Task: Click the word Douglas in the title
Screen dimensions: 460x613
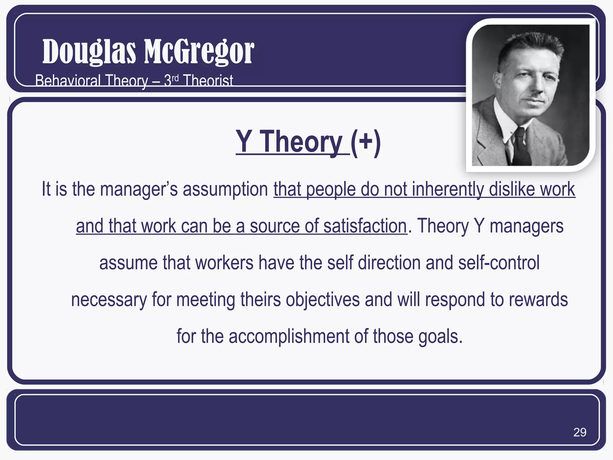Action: (x=89, y=52)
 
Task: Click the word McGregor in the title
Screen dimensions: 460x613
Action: (x=199, y=52)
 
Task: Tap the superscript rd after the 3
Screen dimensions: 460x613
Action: (x=175, y=78)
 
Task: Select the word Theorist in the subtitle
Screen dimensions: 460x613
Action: (x=208, y=81)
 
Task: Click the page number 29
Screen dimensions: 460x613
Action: (x=579, y=432)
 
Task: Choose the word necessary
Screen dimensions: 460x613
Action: (x=109, y=299)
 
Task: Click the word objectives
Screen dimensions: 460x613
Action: (x=322, y=299)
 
